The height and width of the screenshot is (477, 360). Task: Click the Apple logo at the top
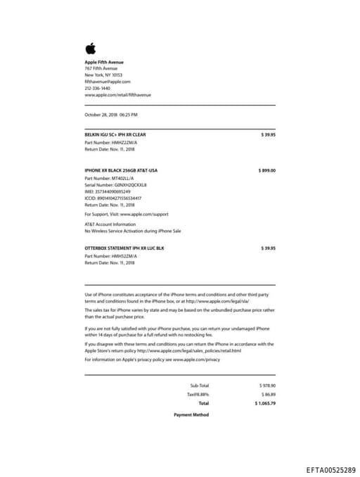click(90, 49)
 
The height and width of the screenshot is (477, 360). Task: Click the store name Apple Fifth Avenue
click(103, 62)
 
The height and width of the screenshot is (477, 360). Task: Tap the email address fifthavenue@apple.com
click(108, 82)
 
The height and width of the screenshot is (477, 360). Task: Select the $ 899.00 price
click(267, 170)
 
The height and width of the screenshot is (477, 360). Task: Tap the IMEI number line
click(112, 191)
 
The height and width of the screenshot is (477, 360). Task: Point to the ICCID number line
click(117, 198)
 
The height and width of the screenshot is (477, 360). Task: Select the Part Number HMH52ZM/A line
click(112, 256)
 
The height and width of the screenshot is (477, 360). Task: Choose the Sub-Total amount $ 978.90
click(267, 386)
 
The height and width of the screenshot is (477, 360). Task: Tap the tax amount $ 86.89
click(268, 395)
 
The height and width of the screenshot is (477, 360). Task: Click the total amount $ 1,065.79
click(265, 404)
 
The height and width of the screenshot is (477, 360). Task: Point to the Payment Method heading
click(191, 415)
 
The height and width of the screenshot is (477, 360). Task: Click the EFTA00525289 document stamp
click(330, 468)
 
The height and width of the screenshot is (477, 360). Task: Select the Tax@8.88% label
click(198, 395)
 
